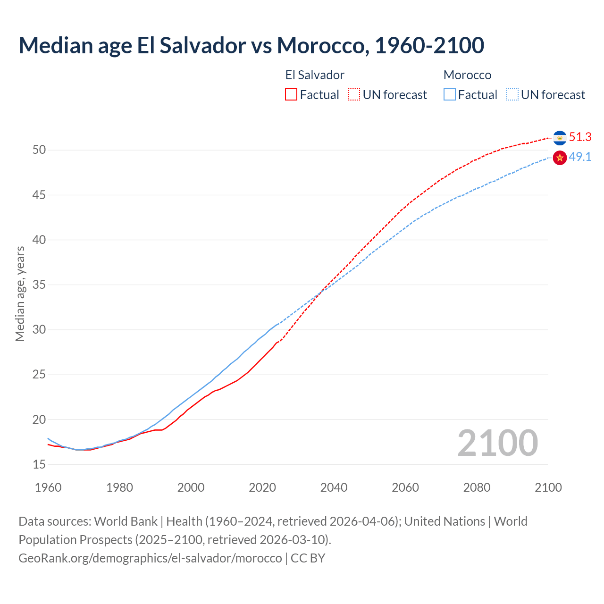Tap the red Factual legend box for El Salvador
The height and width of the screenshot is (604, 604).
coord(291,95)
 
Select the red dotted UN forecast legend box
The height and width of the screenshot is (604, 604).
coord(354,95)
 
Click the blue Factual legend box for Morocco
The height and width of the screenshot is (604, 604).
coord(450,95)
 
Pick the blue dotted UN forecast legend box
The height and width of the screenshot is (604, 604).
coord(512,95)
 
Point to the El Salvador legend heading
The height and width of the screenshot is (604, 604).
coord(315,75)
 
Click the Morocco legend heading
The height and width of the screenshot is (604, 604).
coord(467,75)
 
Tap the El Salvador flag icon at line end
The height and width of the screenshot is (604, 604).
coord(560,138)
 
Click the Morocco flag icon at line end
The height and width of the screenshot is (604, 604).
coord(560,158)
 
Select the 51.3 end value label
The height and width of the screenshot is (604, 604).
coord(580,137)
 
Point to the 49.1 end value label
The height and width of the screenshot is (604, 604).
coord(580,157)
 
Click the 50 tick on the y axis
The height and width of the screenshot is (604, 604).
coord(39,150)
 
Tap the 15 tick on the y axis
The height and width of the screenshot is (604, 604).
coord(39,465)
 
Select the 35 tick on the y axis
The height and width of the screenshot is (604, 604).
coord(39,285)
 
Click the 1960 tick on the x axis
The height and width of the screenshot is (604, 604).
coord(48,487)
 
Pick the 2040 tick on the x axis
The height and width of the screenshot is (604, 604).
coord(334,487)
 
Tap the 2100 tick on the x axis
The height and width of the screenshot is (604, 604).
coord(548,487)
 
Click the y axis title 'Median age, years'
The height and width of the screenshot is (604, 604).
coord(20,294)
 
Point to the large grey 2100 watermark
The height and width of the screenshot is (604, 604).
coord(497,443)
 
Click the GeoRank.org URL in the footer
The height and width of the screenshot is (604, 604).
coord(150,558)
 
